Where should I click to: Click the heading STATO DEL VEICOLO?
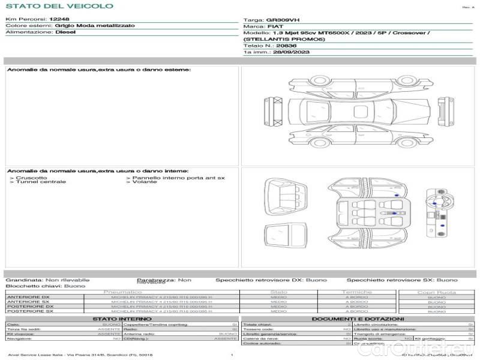click(59, 6)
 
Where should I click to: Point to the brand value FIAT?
click(276, 26)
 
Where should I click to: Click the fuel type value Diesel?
click(66, 32)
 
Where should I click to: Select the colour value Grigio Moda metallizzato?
click(95, 26)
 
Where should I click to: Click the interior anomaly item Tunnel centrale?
click(35, 182)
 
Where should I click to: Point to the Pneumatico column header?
click(123, 292)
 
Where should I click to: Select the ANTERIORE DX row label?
click(28, 297)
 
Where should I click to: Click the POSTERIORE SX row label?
click(29, 311)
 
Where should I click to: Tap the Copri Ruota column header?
click(436, 292)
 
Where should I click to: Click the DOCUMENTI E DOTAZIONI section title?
click(358, 319)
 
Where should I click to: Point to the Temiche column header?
click(357, 292)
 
